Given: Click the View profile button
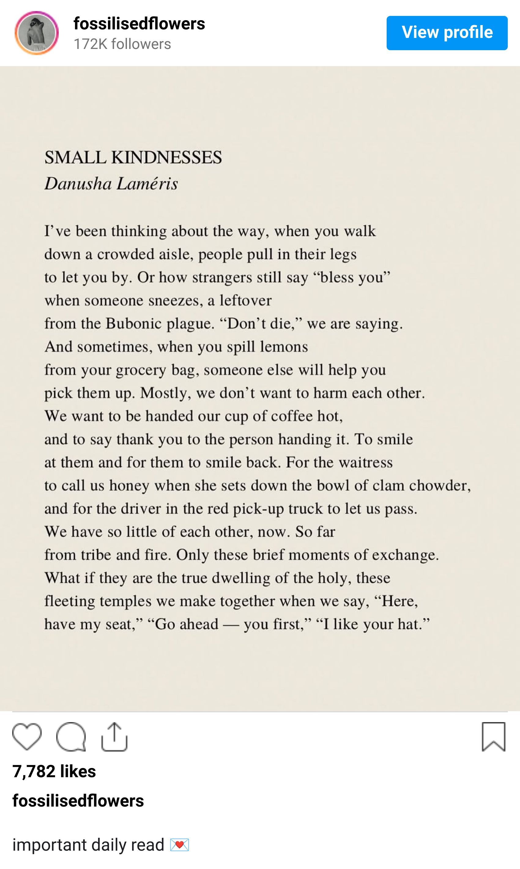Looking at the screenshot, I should pyautogui.click(x=447, y=33).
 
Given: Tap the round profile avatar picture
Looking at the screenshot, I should pyautogui.click(x=36, y=33).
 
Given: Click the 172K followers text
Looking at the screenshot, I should pyautogui.click(x=122, y=44).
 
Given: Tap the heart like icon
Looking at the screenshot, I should pyautogui.click(x=27, y=737).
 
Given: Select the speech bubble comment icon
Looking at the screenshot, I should pyautogui.click(x=71, y=737).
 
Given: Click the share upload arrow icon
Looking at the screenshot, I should pyautogui.click(x=114, y=737).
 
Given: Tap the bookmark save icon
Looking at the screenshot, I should pyautogui.click(x=493, y=737).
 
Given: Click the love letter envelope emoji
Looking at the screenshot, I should pyautogui.click(x=180, y=845).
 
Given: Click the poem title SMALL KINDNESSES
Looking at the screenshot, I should pyautogui.click(x=133, y=157).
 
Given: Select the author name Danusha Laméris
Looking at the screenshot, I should pyautogui.click(x=111, y=184).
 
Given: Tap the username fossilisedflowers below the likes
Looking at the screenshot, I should pyautogui.click(x=78, y=801).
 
